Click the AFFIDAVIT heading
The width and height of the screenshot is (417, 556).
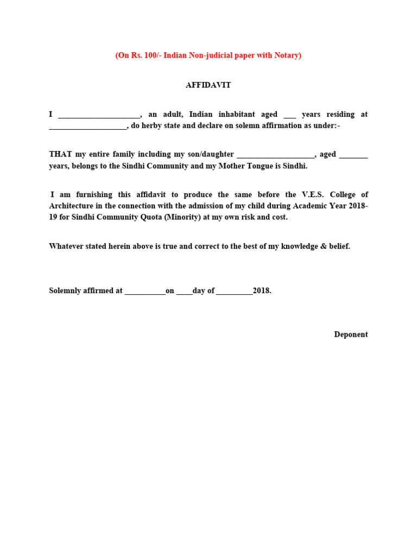coord(208,85)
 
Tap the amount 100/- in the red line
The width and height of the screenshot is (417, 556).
coord(151,55)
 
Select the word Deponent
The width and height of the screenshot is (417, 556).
coord(351,334)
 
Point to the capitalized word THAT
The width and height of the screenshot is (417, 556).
coord(60,155)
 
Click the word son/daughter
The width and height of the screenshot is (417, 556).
coord(212,155)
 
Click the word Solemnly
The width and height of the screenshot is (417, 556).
coord(67,291)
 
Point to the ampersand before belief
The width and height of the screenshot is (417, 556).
coord(323,247)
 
